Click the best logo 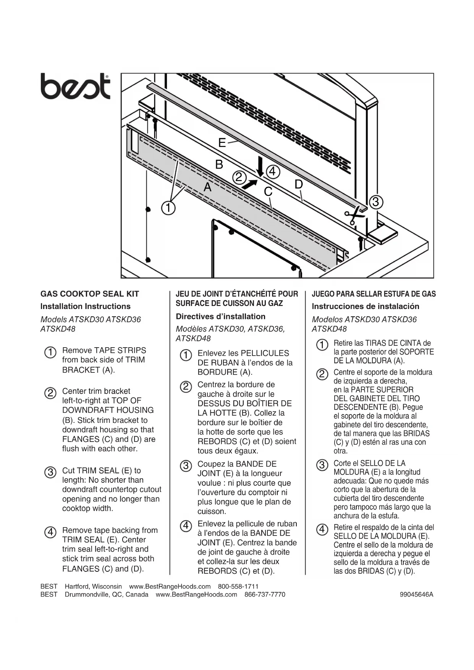[x=75, y=86]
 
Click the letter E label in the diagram [x=222, y=142]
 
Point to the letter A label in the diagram [x=207, y=187]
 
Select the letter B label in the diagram [x=219, y=164]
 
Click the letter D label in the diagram [x=298, y=184]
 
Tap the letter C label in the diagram [x=268, y=191]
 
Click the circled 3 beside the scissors [x=375, y=201]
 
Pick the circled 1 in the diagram [x=168, y=208]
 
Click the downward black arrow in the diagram [x=260, y=166]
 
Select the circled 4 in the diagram [x=272, y=172]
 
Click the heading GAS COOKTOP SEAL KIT [x=90, y=294]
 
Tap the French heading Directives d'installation [x=220, y=316]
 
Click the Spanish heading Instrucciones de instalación [x=365, y=306]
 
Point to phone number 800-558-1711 [x=238, y=586]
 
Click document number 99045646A [x=416, y=594]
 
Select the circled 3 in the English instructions [x=50, y=472]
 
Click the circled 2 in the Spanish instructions [x=322, y=374]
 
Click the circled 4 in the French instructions [x=186, y=526]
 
